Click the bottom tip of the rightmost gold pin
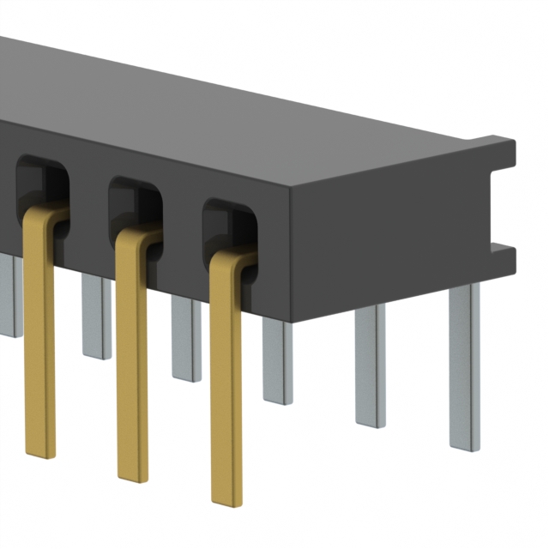click(x=226, y=496)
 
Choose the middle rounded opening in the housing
click(x=134, y=202)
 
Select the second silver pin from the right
click(x=371, y=365)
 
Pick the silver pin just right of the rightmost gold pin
click(x=277, y=360)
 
